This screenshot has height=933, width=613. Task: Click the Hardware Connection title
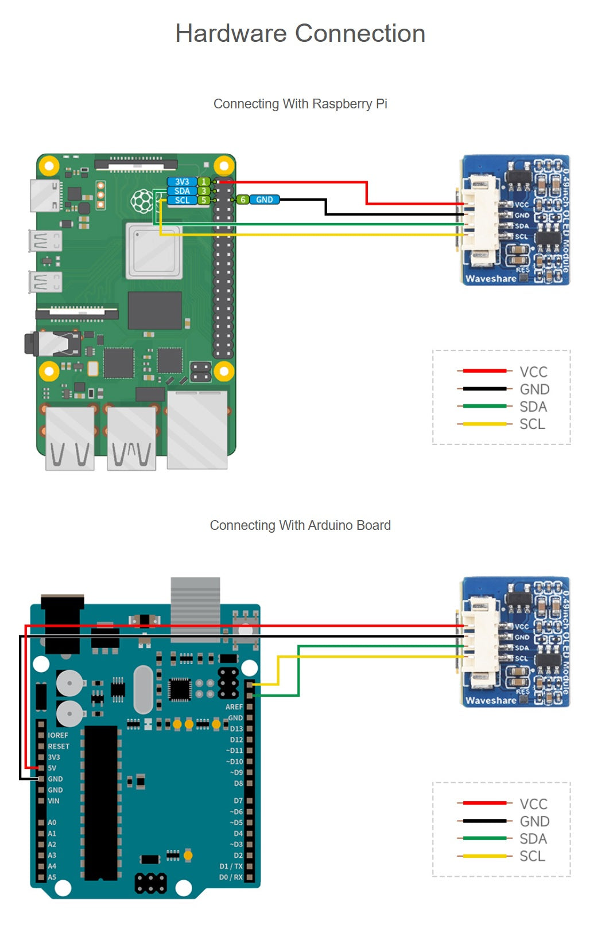coord(300,33)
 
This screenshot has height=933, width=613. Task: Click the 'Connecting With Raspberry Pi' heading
coord(300,104)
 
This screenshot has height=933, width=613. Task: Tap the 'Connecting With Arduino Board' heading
coord(300,525)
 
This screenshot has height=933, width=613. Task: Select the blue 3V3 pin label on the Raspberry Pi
coord(182,182)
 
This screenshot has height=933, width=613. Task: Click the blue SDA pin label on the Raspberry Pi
coord(182,191)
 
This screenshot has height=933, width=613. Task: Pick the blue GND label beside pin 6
coord(265,200)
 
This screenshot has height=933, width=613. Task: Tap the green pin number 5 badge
coord(204,200)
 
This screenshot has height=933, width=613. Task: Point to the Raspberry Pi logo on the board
coord(142,201)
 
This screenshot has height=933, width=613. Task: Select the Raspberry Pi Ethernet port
coord(197,429)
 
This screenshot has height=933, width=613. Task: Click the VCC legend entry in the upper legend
coord(533,372)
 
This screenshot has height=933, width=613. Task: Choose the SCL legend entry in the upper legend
coord(532,424)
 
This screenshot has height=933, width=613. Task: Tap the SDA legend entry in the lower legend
coord(533,839)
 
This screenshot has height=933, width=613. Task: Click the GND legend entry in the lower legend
coord(534,822)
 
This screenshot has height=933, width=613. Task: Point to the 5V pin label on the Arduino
coord(52,768)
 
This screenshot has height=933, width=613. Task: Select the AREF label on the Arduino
coord(234,707)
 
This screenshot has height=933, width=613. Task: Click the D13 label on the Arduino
coord(236,729)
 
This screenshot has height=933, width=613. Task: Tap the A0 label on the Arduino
coord(52,822)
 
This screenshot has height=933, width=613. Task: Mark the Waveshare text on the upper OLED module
coord(491,279)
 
